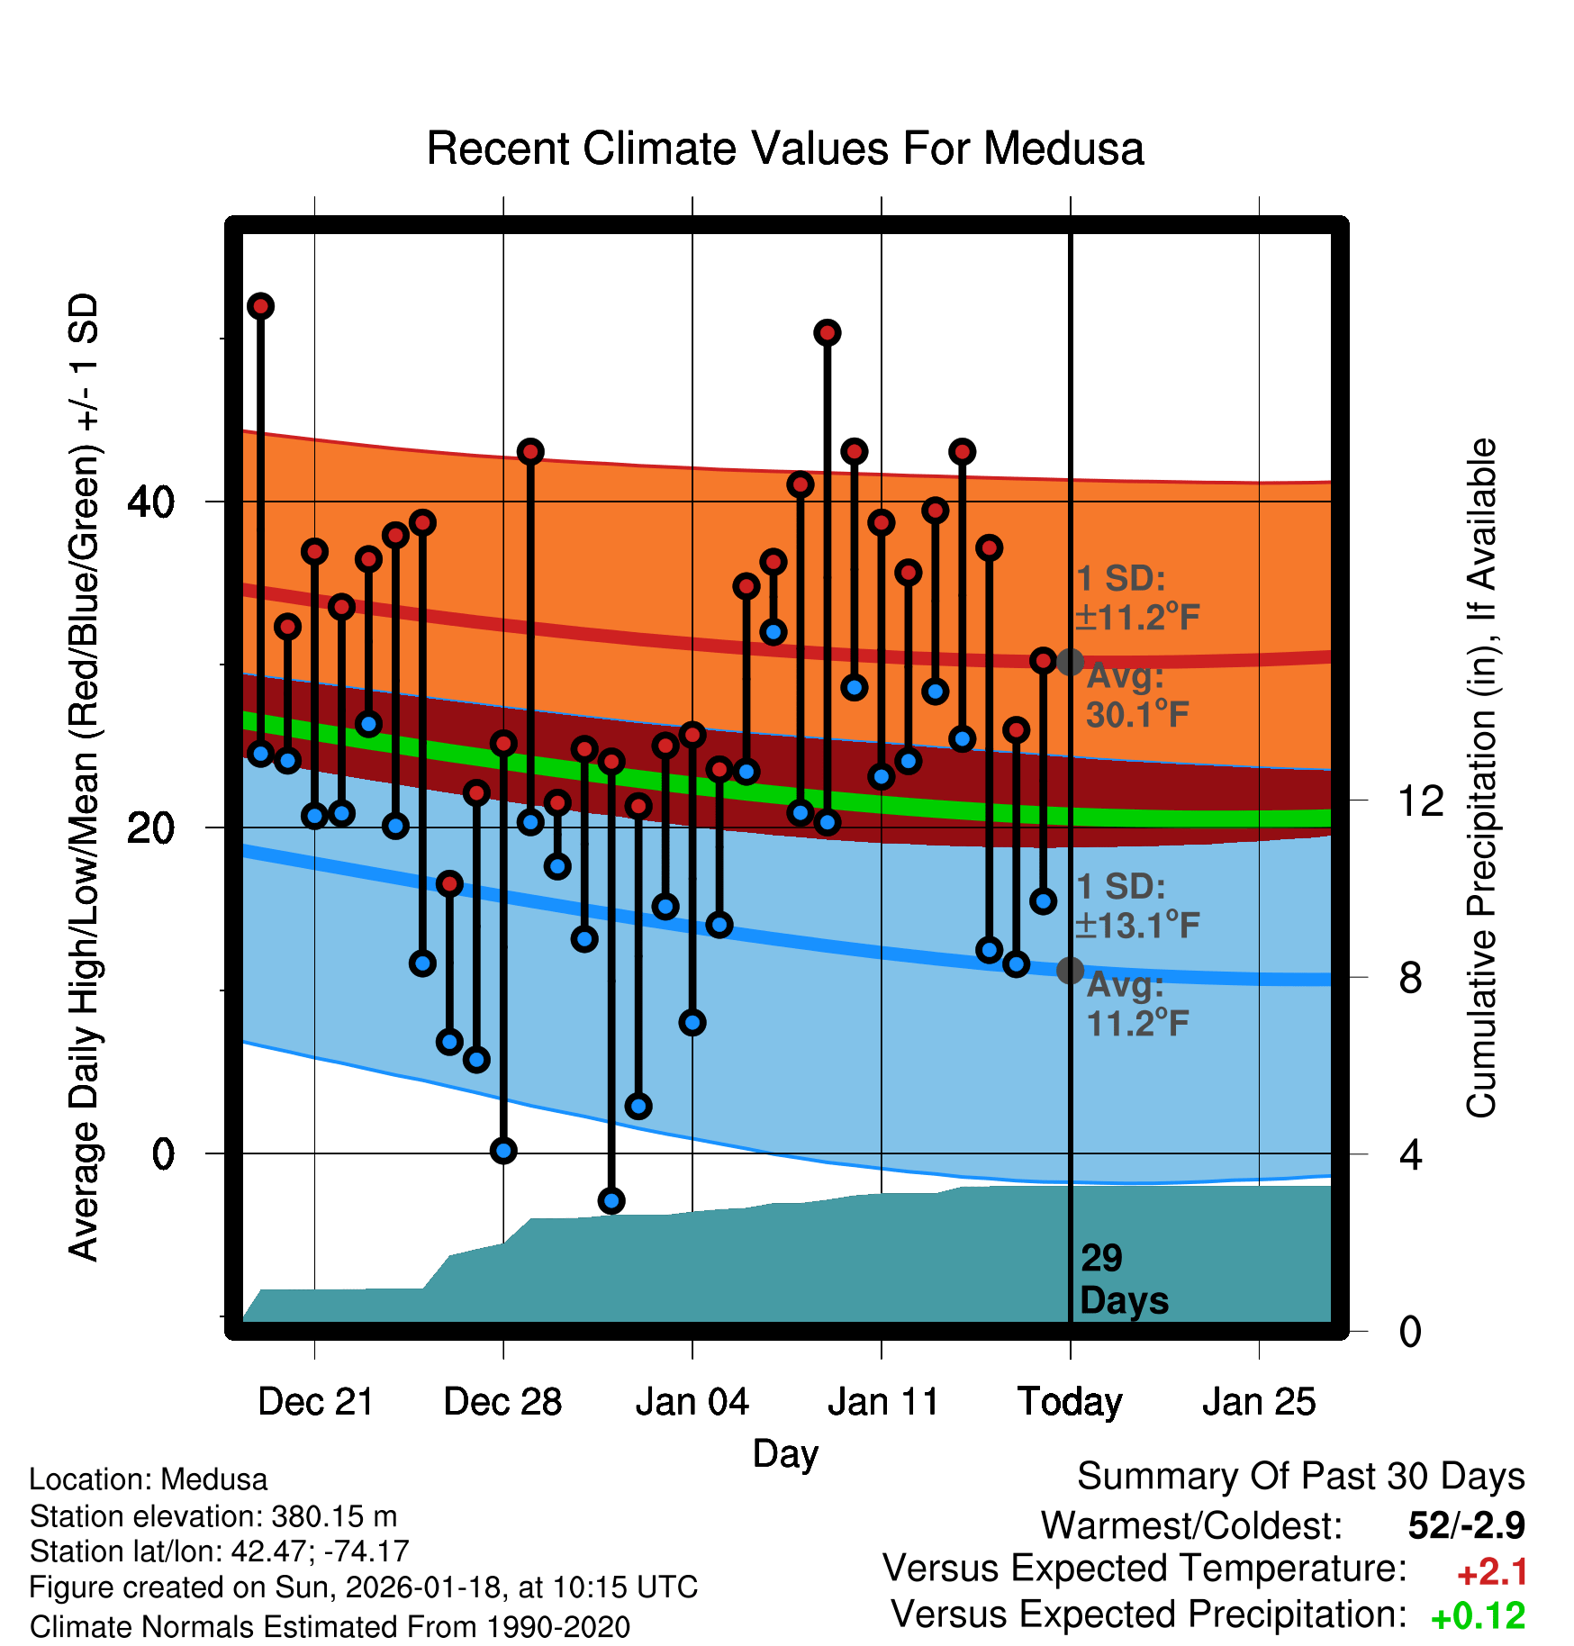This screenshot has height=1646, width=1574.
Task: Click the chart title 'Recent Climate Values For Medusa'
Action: (x=784, y=149)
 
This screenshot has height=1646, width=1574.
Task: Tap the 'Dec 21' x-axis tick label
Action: (x=315, y=1402)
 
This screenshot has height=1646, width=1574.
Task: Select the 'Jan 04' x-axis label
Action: (x=692, y=1402)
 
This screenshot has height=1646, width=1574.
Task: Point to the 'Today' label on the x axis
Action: (x=1070, y=1402)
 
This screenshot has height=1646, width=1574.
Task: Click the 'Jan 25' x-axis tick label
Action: (x=1259, y=1402)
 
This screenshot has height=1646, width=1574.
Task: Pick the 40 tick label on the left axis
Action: (x=150, y=502)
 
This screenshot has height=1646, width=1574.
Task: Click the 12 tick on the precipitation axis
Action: (x=1420, y=800)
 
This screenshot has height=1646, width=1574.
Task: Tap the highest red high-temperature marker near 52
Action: (x=261, y=306)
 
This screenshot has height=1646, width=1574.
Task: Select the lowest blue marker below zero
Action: (x=611, y=1200)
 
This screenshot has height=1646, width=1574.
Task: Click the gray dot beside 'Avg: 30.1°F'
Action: (x=1070, y=662)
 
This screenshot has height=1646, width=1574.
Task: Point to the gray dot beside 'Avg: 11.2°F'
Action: (x=1070, y=970)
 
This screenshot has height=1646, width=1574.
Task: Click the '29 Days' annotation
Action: (x=1123, y=1280)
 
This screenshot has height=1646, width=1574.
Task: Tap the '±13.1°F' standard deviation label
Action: (x=1137, y=926)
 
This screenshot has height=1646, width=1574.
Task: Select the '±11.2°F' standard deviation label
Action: (x=1137, y=618)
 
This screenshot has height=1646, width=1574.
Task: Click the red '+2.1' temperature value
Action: (x=1492, y=1572)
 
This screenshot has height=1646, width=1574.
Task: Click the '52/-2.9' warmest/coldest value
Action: (x=1466, y=1525)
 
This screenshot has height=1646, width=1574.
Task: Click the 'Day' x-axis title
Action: (x=785, y=1453)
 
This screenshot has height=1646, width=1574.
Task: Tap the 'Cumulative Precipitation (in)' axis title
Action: (x=1480, y=778)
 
